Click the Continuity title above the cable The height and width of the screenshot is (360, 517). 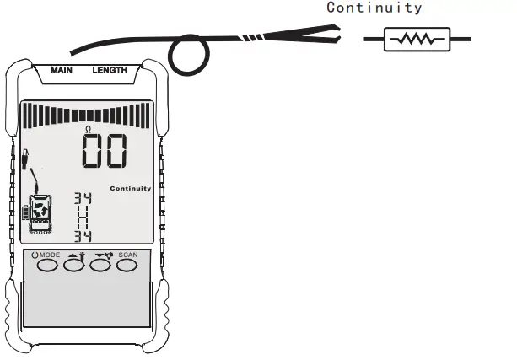tap(374, 8)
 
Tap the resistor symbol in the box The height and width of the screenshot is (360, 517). tap(416, 39)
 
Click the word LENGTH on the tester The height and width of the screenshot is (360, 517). tap(110, 70)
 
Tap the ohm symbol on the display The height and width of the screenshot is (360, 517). tap(88, 128)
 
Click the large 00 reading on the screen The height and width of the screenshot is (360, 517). tap(105, 152)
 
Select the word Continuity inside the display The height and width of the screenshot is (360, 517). tap(131, 188)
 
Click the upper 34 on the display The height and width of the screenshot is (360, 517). tap(83, 199)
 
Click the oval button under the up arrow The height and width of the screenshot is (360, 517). tap(74, 266)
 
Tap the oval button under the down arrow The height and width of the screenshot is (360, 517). tap(100, 266)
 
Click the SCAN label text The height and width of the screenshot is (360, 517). tap(127, 253)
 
